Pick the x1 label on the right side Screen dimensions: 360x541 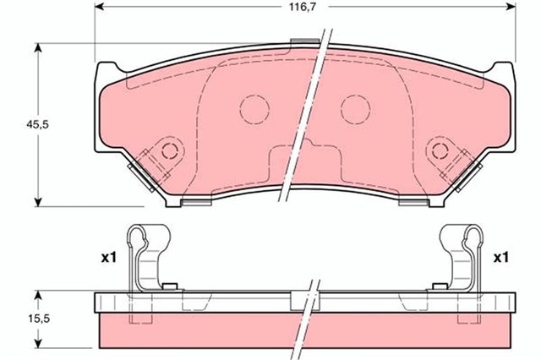coord(500,256)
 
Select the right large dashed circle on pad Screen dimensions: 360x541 coord(355,107)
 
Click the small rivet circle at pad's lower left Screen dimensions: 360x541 coord(170,150)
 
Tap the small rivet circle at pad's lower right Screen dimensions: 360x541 coord(440,150)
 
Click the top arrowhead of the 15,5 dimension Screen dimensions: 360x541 coord(37,295)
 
